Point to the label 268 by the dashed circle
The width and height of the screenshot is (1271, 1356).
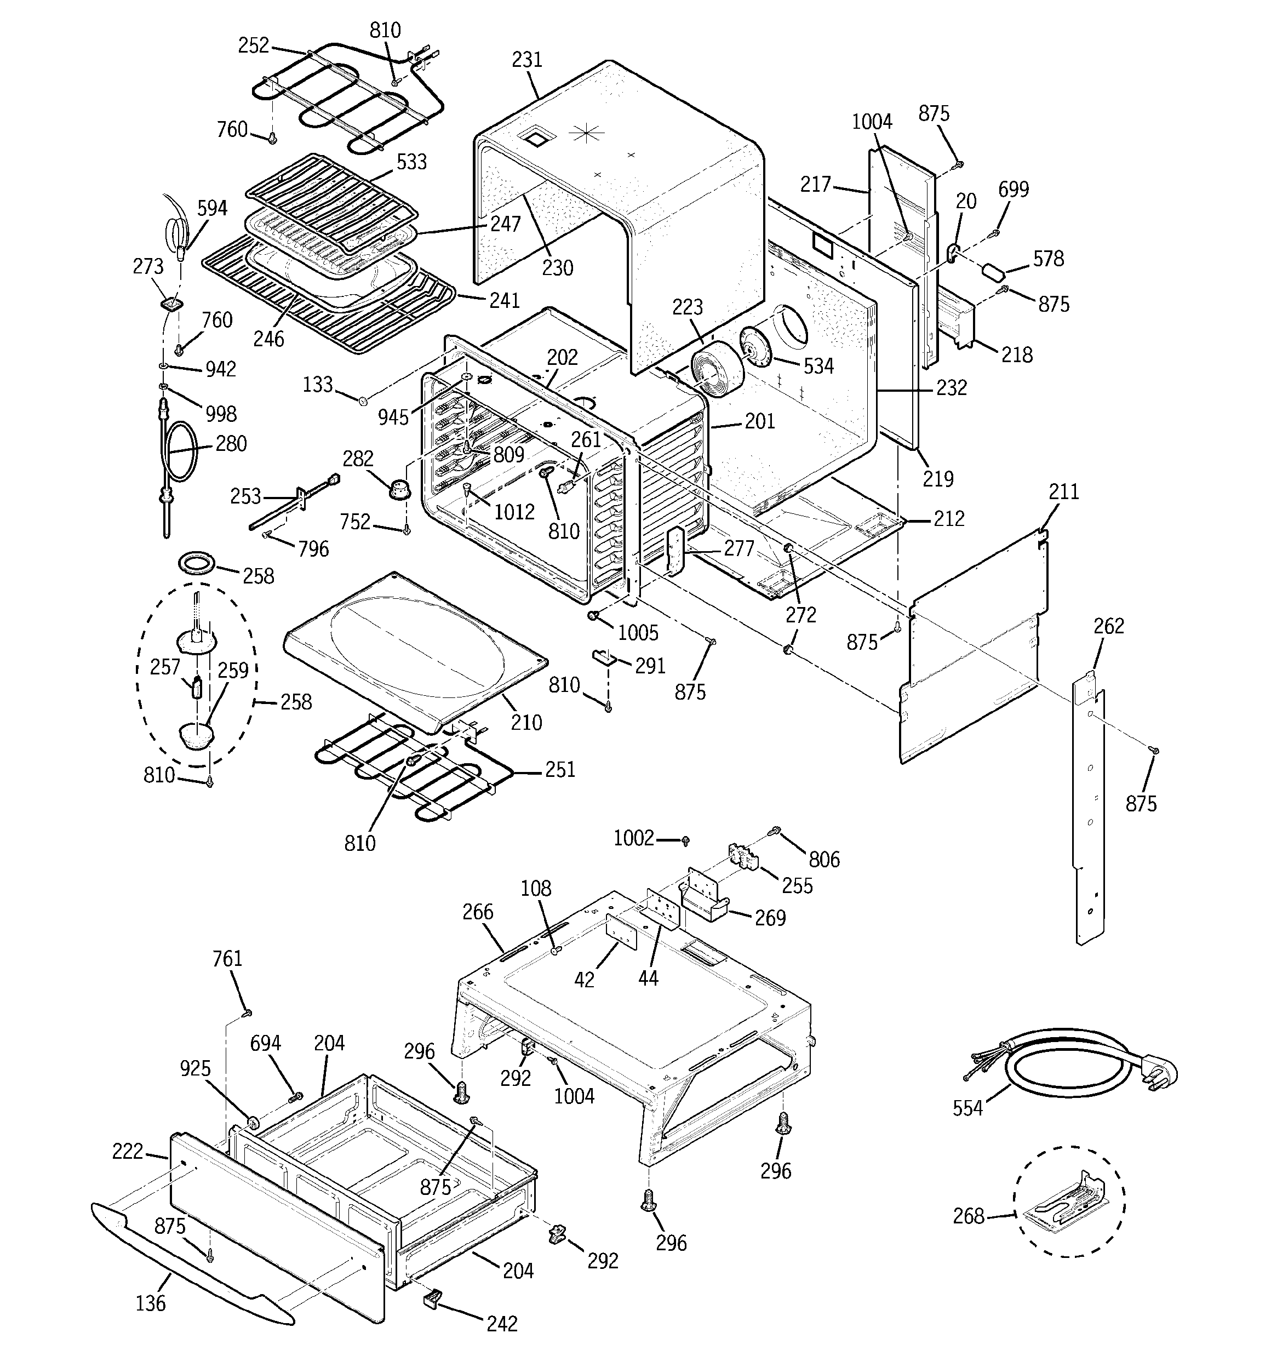pos(969,1216)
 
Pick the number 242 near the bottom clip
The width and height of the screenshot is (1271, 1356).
pos(502,1323)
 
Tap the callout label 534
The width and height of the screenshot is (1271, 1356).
pos(818,367)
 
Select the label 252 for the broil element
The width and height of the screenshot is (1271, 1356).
pos(254,45)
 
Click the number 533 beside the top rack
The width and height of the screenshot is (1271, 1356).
pos(411,162)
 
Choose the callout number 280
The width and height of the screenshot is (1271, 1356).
pos(231,443)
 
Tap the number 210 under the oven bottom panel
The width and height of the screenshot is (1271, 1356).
pos(526,722)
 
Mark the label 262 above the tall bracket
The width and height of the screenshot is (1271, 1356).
pos(1109,626)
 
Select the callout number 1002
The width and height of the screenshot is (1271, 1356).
pos(634,838)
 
